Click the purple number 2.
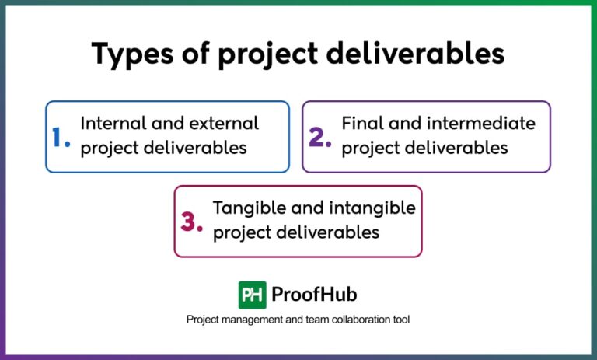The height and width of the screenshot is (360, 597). tap(319, 138)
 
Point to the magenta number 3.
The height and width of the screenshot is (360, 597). tap(191, 222)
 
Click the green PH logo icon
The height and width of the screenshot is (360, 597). tap(252, 295)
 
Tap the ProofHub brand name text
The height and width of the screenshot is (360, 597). tap(314, 295)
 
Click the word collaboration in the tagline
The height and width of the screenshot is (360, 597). tap(342, 320)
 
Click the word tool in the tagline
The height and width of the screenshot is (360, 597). tap(400, 320)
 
